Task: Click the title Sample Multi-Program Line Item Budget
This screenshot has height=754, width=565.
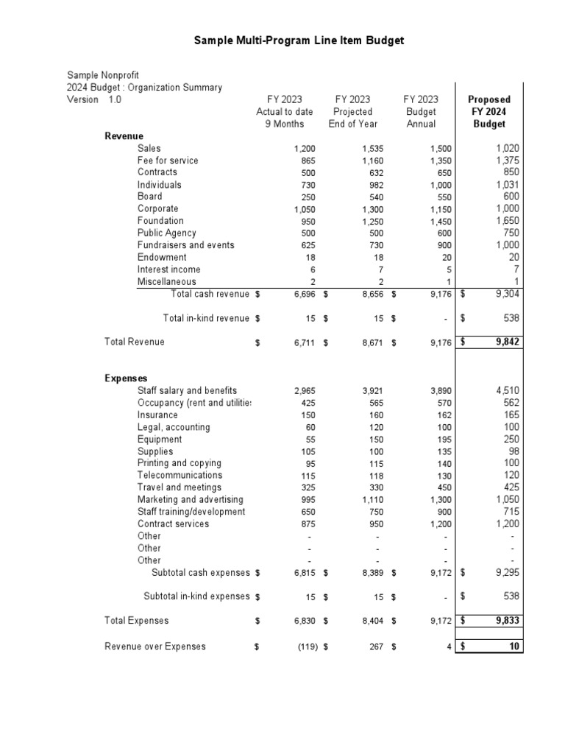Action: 299,40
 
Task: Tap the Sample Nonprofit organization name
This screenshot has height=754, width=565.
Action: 103,75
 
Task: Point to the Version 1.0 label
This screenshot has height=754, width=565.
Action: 94,99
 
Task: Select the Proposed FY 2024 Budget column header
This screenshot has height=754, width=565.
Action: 489,111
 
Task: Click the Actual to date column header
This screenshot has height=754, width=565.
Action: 284,112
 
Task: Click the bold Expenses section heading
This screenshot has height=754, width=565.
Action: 126,378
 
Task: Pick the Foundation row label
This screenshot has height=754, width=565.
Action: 160,221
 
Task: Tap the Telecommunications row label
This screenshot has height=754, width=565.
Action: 180,476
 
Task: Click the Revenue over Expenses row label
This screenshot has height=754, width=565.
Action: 155,646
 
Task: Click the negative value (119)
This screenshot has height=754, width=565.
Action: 307,647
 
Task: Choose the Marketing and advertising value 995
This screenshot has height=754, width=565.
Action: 307,500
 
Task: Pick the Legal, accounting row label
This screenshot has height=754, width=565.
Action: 174,427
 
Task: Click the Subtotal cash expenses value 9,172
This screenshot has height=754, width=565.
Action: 441,572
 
